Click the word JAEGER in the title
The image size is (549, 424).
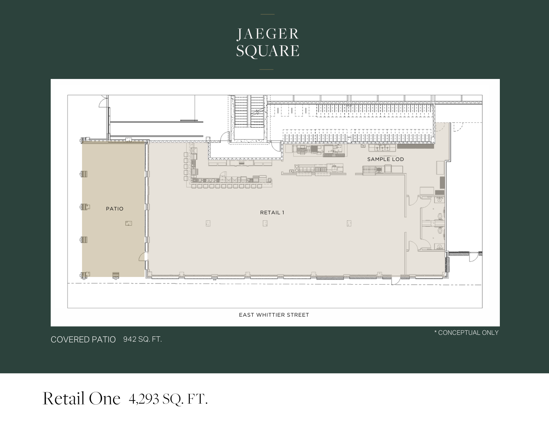pos(268,34)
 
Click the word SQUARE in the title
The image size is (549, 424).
pos(268,51)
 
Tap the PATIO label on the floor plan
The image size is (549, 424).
pos(115,209)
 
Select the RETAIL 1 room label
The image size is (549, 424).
pos(272,212)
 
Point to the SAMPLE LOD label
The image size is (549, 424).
pos(385,159)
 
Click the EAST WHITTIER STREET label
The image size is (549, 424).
pos(274,315)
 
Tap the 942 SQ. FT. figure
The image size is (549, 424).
pos(143,339)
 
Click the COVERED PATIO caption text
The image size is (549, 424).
pos(83,340)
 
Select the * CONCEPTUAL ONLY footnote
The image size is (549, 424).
pos(466,333)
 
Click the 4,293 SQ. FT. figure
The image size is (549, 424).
pos(168,399)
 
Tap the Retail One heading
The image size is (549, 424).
pos(81,398)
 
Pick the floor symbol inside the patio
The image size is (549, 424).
pos(129,223)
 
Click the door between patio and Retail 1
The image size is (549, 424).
pos(143,257)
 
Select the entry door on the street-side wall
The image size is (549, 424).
pos(395,280)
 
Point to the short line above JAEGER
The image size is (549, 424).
pos(267,14)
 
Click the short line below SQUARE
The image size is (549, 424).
pos(267,70)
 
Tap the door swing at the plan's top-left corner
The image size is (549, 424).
pos(102,102)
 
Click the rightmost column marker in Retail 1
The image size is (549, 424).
pos(349,223)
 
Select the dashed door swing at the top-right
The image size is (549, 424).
pos(458,127)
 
